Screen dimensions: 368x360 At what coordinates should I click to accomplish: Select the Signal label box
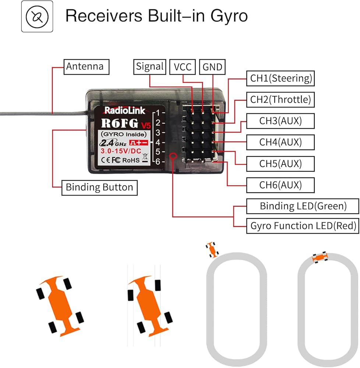149,67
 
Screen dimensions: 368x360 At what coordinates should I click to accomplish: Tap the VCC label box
183,67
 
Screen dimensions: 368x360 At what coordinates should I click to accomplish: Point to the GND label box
212,67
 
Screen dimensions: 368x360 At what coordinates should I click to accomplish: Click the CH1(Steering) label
281,78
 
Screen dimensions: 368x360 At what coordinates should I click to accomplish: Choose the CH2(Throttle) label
280,99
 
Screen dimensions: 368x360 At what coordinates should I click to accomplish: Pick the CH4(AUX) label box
280,142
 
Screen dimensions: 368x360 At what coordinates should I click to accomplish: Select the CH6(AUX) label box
280,185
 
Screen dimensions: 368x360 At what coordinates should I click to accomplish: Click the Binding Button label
99,187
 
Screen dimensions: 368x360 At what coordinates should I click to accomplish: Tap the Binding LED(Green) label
303,206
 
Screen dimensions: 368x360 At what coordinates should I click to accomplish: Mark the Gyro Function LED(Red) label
303,226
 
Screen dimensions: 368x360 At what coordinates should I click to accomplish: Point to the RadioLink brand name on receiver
122,110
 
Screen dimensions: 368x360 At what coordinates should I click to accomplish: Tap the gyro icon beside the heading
37,17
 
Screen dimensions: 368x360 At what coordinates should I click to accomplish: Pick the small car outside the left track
212,250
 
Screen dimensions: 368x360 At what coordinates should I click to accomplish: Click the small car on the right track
320,257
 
